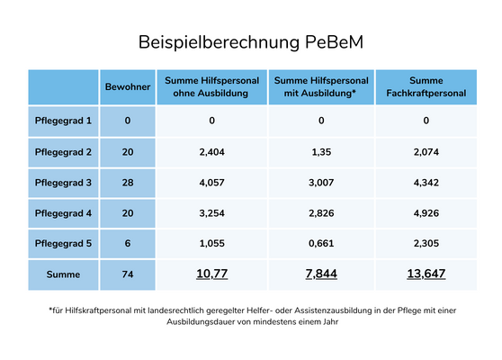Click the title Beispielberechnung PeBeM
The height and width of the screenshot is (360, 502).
pos(251,42)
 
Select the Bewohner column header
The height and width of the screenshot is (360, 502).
pos(128,86)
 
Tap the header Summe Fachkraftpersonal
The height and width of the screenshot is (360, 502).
pos(426,86)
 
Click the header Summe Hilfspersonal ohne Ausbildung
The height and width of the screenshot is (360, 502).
pos(211,86)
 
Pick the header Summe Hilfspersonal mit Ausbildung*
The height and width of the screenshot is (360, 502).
pos(321,86)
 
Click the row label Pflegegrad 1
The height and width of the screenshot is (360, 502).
pos(63,121)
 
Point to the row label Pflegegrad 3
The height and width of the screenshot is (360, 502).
pos(63,183)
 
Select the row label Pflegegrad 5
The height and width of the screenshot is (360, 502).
pos(63,243)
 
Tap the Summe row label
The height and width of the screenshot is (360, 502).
pos(63,274)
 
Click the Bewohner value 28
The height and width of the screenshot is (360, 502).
pos(128,183)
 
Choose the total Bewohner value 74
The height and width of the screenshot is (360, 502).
pos(128,274)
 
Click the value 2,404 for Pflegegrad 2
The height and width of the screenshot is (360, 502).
pos(211,152)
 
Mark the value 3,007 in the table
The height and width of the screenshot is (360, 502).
pos(321,183)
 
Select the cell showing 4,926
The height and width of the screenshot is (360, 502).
pos(426,213)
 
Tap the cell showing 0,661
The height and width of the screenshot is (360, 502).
pos(321,243)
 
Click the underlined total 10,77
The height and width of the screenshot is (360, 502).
pos(211,274)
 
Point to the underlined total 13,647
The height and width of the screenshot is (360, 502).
pos(426,274)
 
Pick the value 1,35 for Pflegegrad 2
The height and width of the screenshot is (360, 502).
pos(321,152)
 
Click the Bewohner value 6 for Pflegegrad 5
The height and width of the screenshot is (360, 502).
pos(128,243)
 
